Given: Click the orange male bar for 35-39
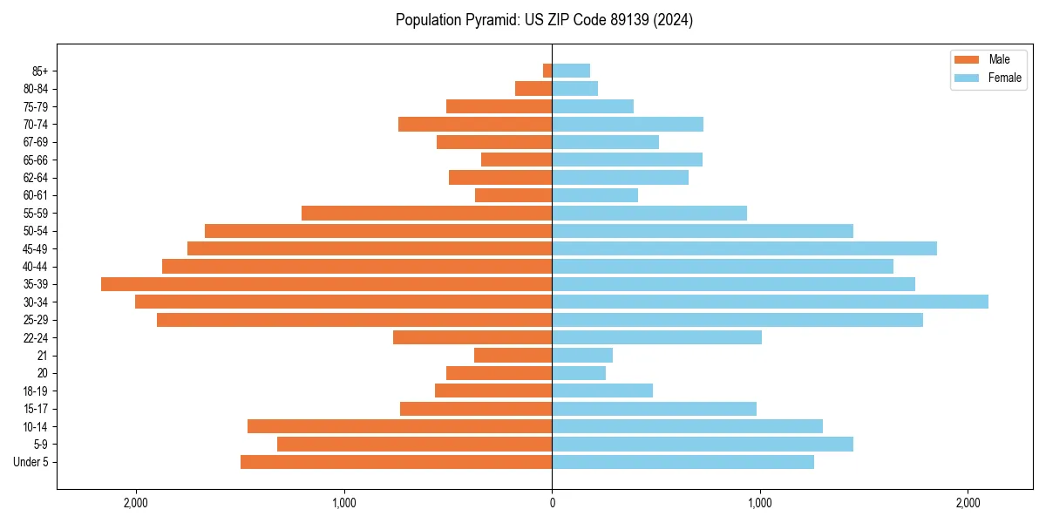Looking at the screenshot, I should point(327,284).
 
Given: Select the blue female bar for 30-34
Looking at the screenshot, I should point(770,302).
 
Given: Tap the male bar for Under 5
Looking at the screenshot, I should point(397,462).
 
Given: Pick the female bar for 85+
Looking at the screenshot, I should point(571,71).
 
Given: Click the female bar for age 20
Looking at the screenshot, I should point(579,373).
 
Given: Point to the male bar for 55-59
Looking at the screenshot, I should point(427,213).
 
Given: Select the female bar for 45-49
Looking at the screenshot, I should point(744,248).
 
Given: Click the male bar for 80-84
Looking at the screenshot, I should point(533,88).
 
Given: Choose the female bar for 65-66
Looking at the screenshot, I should point(628,160).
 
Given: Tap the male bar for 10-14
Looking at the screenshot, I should point(400,426).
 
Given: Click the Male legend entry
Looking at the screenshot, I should point(988,59).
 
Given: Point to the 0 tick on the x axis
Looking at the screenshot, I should point(552,503).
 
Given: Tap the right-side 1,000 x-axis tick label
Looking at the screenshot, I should point(760,503).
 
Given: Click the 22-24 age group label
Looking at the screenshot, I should point(37,337).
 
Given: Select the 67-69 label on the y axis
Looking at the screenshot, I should point(37,142).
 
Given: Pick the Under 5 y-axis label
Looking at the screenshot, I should point(31,462).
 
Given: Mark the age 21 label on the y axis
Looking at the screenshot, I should point(43,356).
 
